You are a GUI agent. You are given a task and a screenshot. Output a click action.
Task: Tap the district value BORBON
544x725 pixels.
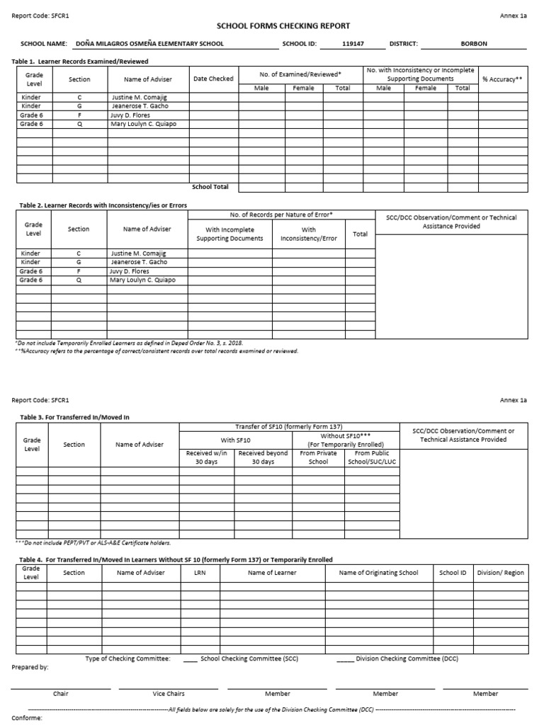point(474,44)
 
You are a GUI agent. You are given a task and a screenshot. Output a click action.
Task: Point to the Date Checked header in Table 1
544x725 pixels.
point(213,79)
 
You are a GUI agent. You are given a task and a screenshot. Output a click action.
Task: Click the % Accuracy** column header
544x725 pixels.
point(502,79)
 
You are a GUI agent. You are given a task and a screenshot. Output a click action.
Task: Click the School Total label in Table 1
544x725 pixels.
point(210,187)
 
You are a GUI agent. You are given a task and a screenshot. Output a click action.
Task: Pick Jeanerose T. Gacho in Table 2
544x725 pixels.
point(140,262)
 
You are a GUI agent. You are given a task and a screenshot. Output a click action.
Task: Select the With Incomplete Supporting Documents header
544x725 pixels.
point(229,234)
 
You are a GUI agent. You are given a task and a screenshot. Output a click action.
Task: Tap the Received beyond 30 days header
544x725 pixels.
point(263,457)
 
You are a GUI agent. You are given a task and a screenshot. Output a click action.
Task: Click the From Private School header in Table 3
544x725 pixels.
point(319,457)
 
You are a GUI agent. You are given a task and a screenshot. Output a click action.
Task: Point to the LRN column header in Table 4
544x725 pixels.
point(199,573)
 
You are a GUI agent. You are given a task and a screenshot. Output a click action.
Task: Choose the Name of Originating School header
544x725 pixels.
point(378,573)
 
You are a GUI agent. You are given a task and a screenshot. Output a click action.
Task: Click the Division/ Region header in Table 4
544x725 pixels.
point(501,573)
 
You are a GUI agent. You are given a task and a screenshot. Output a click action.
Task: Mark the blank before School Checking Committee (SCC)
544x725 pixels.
point(190,659)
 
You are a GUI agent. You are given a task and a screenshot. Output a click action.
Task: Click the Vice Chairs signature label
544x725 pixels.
point(169,694)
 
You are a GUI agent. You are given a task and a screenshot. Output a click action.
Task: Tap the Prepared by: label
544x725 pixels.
point(30,668)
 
